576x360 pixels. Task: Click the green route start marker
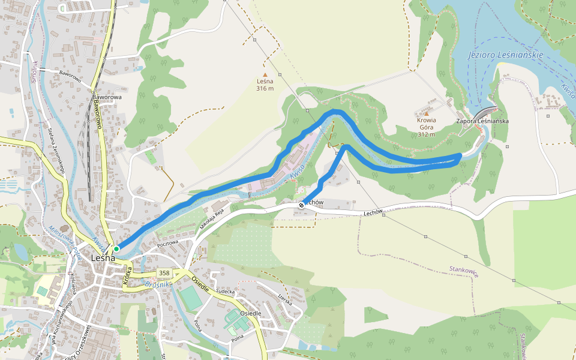point(116,248)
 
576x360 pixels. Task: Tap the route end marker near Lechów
point(301,205)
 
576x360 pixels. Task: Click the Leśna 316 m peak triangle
point(265,74)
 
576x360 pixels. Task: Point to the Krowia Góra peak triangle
point(427,113)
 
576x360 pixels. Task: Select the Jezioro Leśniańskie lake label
point(505,55)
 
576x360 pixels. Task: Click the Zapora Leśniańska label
point(482,121)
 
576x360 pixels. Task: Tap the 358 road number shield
point(164,273)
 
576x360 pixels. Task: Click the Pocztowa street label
point(167,243)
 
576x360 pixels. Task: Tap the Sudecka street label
point(225,292)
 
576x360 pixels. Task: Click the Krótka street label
point(127,274)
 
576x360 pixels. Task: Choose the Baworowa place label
point(107,97)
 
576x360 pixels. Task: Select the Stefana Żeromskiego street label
point(56,151)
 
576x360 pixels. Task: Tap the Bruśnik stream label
point(158,284)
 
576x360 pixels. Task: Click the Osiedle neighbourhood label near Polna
point(250,313)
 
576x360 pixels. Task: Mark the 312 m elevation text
point(427,134)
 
